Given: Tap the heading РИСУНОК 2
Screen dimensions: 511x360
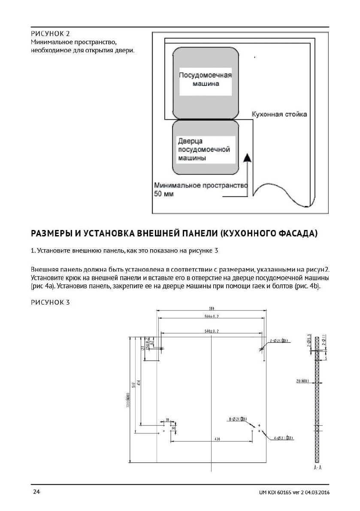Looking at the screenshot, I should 50,33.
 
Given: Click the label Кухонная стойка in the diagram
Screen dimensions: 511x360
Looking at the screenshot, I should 279,115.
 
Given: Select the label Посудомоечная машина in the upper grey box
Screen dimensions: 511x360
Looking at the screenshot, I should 205,79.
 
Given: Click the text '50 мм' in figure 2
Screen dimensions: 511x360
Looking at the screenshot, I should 162,194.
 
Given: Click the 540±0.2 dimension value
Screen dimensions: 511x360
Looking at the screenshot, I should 211,331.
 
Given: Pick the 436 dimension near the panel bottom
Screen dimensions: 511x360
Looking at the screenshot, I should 212,439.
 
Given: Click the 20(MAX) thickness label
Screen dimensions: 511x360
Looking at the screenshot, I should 303,381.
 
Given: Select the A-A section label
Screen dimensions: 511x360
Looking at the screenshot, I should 318,467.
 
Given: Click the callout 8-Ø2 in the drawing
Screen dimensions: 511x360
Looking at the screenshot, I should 237,419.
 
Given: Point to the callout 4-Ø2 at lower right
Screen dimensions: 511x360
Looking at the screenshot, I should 283,438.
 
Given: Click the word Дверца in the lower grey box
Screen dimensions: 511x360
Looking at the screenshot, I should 190,141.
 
